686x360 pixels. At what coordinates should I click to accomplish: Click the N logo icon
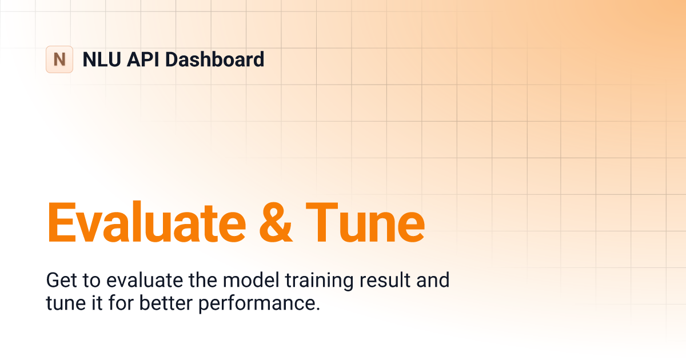(x=59, y=59)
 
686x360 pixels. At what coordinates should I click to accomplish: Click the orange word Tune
(x=365, y=222)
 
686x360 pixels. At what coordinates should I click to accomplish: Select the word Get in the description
(x=59, y=281)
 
